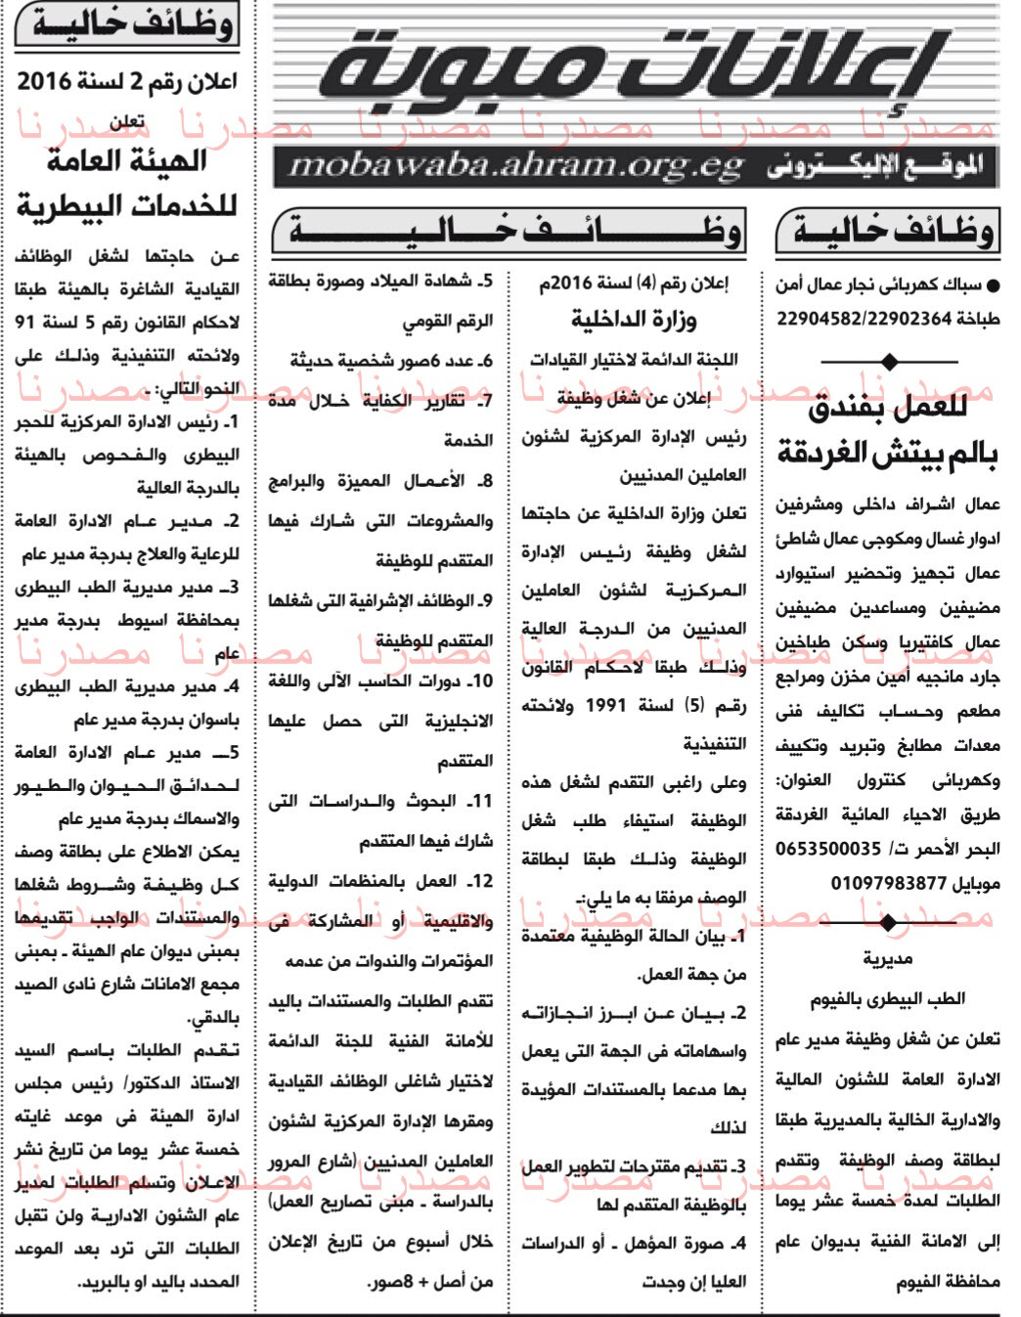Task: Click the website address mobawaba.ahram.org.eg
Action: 515,167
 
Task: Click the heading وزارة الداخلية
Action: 634,321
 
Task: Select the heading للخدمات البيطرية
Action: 126,206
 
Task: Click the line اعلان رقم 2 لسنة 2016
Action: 126,82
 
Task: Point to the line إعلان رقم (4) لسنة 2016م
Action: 634,284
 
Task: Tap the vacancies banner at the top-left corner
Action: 127,24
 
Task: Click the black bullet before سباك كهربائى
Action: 994,286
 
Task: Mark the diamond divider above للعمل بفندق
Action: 888,362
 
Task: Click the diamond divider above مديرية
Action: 888,922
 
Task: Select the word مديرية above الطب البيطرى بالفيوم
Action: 888,960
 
